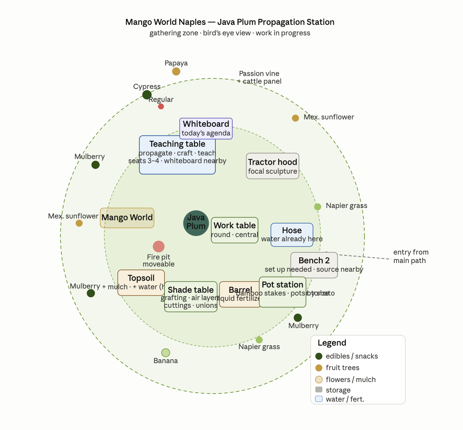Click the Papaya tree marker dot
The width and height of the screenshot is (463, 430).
click(176, 71)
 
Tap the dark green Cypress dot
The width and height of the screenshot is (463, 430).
click(147, 95)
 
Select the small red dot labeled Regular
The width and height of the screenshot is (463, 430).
click(161, 106)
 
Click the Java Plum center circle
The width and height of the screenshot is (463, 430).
click(196, 223)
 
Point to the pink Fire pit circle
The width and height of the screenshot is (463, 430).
click(159, 247)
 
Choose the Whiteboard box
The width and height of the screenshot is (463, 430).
click(206, 129)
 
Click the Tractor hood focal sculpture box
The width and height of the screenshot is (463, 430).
click(273, 166)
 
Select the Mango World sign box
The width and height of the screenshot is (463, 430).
click(127, 218)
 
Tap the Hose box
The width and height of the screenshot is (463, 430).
click(292, 235)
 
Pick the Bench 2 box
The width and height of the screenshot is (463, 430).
click(314, 265)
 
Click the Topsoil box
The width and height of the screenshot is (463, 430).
click(141, 283)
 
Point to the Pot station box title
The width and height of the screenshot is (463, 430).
click(282, 285)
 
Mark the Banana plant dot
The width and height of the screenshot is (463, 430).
click(166, 353)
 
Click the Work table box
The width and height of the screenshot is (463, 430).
click(235, 230)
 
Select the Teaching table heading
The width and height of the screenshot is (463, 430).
click(177, 144)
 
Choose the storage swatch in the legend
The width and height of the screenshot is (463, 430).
click(319, 390)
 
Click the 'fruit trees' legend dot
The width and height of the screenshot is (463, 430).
click(319, 368)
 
